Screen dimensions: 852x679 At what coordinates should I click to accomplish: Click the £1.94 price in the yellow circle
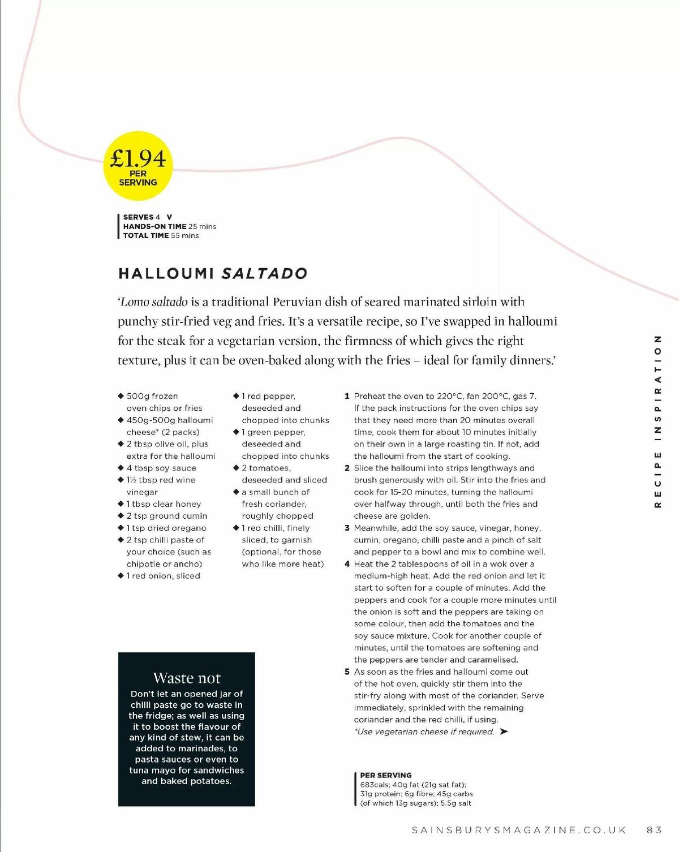[138, 158]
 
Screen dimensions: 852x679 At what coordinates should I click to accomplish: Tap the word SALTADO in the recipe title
[264, 274]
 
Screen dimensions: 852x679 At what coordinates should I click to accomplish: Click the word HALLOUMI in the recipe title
[166, 274]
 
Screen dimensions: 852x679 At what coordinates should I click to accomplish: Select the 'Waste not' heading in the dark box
[187, 678]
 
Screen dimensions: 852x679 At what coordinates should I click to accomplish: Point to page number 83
[654, 830]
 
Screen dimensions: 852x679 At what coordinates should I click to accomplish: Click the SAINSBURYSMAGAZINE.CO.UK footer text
[519, 830]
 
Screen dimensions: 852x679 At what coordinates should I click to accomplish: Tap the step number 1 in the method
[347, 396]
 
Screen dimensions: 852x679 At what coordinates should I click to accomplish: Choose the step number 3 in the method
[347, 528]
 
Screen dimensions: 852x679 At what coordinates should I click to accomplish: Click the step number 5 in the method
[347, 672]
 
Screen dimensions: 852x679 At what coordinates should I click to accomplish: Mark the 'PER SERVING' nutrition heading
[386, 775]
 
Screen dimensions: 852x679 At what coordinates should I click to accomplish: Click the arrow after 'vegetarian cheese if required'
[504, 731]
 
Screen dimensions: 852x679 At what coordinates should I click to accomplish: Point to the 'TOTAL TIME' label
[146, 235]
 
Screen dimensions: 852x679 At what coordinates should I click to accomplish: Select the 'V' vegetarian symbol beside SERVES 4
[169, 217]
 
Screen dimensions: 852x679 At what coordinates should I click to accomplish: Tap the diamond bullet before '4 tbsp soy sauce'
[121, 468]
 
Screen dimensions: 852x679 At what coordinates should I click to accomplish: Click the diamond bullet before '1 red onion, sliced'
[121, 575]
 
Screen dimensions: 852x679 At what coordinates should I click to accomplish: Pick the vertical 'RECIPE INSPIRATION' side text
[657, 421]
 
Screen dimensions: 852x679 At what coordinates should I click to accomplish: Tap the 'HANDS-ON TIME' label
[154, 226]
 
